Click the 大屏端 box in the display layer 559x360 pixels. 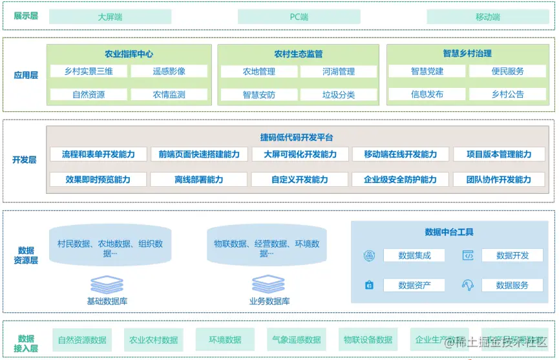click(111, 17)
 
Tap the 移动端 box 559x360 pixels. click(487, 17)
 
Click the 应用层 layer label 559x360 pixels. click(26, 75)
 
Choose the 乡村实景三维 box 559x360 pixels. click(89, 71)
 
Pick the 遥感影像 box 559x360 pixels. click(169, 71)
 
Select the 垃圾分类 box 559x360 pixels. click(339, 94)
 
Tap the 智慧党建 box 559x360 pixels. click(427, 71)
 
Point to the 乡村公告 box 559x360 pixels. click(507, 94)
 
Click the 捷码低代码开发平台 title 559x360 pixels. click(297, 138)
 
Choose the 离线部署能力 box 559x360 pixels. click(199, 180)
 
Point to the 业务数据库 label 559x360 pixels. click(269, 301)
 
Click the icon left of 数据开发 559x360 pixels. click(468, 255)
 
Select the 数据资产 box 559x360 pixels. click(414, 285)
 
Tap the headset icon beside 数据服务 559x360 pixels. click(468, 285)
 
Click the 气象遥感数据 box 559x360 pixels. click(296, 340)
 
